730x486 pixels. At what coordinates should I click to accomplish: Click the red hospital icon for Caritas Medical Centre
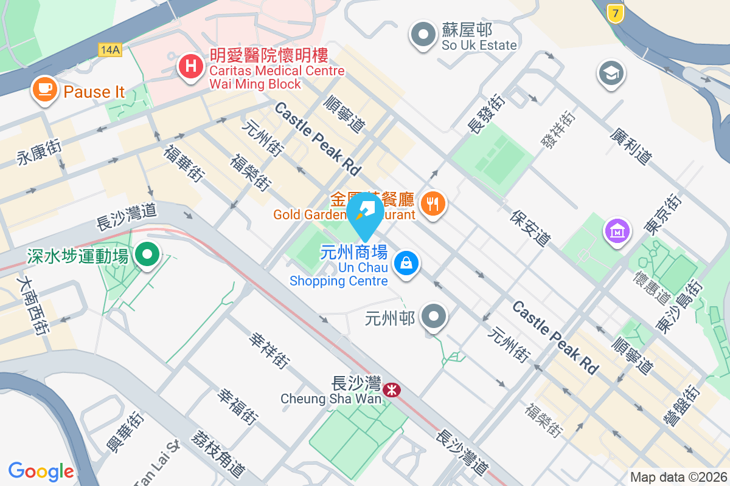click(x=191, y=65)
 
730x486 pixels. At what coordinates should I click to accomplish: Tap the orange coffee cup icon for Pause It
click(x=45, y=89)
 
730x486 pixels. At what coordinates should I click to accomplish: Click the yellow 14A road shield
click(x=109, y=50)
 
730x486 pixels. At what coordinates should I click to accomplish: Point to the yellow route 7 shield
click(x=616, y=13)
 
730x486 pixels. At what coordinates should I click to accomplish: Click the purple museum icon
click(x=616, y=231)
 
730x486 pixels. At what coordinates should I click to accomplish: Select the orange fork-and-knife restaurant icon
click(x=433, y=204)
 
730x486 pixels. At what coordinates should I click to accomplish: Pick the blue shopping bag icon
click(x=405, y=263)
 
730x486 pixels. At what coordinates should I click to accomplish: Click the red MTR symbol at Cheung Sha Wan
click(x=392, y=389)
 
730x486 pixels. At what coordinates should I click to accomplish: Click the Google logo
click(x=41, y=471)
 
